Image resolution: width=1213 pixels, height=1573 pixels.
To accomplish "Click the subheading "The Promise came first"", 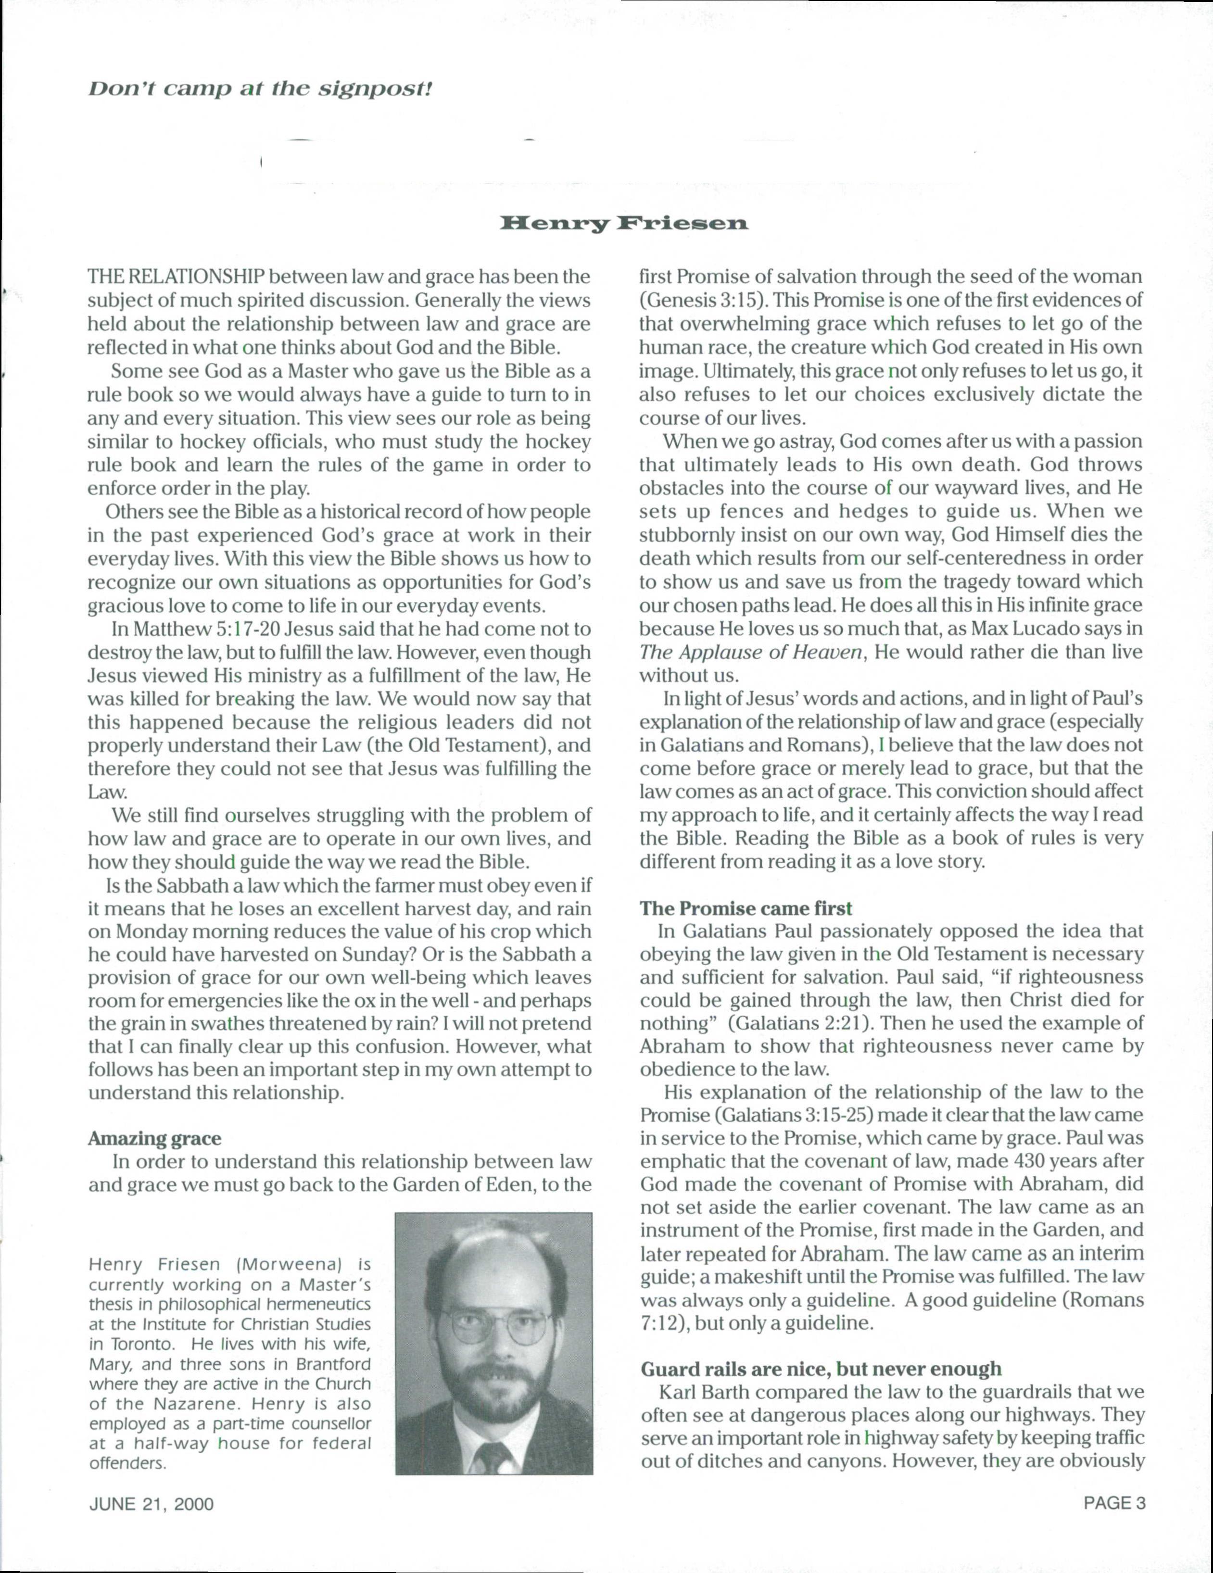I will coord(745,909).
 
